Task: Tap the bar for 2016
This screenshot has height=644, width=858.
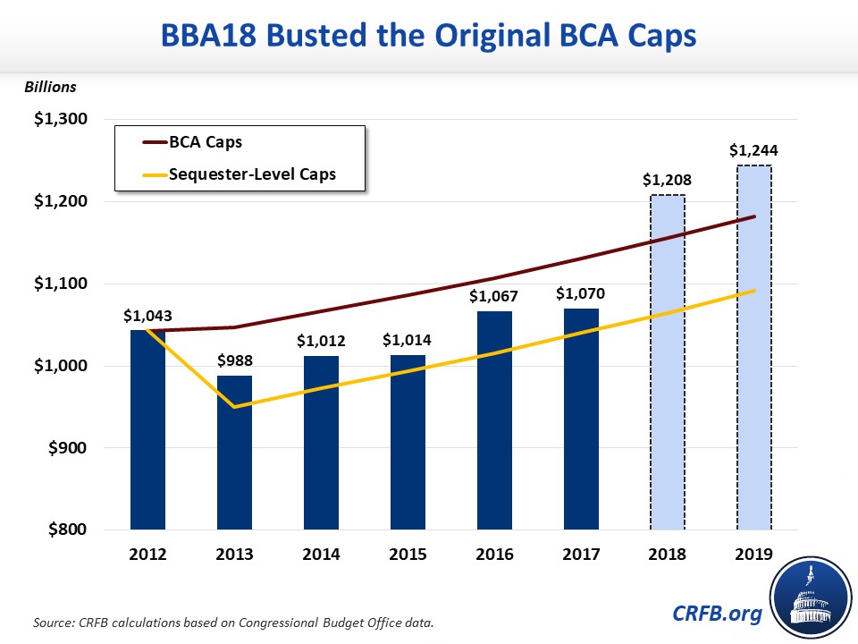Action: click(x=494, y=420)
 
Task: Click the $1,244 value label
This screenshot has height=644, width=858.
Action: click(x=753, y=150)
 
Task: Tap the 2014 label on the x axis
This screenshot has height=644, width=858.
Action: click(x=321, y=555)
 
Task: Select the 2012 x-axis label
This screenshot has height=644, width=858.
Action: click(x=147, y=555)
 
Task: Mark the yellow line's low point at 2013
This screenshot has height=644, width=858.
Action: click(x=234, y=407)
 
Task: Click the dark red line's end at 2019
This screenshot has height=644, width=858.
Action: click(x=754, y=216)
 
